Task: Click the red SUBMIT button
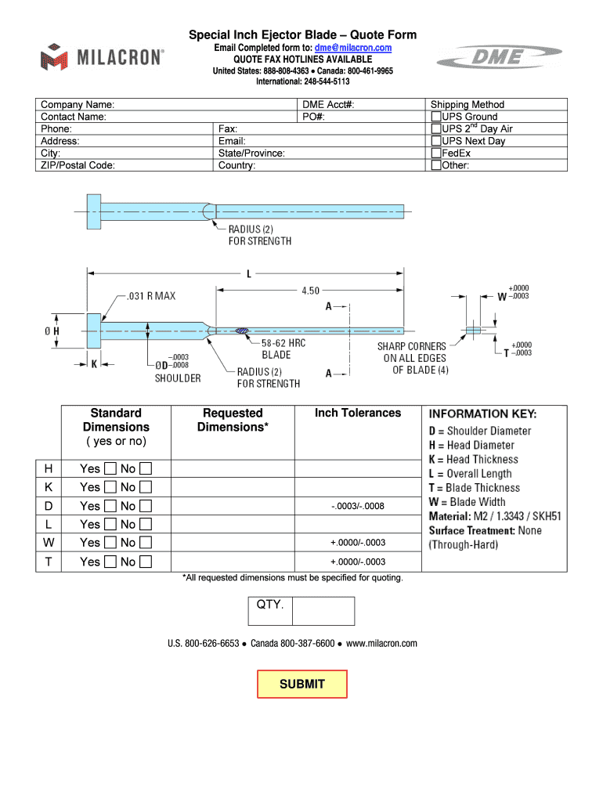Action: pyautogui.click(x=302, y=684)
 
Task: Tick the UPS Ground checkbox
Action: pyautogui.click(x=436, y=117)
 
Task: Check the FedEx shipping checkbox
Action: pyautogui.click(x=436, y=154)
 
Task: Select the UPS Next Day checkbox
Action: pyautogui.click(x=436, y=141)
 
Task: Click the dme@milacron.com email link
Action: pyautogui.click(x=353, y=48)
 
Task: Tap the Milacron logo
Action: pyautogui.click(x=103, y=57)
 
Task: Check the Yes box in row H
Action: pyautogui.click(x=110, y=469)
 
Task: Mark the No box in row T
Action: pyautogui.click(x=145, y=562)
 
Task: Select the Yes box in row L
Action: pyautogui.click(x=110, y=525)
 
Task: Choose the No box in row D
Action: pyautogui.click(x=145, y=506)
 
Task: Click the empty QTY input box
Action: pyautogui.click(x=323, y=611)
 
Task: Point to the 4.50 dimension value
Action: pyautogui.click(x=310, y=291)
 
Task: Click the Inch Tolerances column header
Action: pyautogui.click(x=357, y=413)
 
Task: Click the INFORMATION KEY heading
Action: pyautogui.click(x=482, y=414)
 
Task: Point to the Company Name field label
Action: pyautogui.click(x=78, y=105)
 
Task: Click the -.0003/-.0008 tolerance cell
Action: pyautogui.click(x=357, y=506)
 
